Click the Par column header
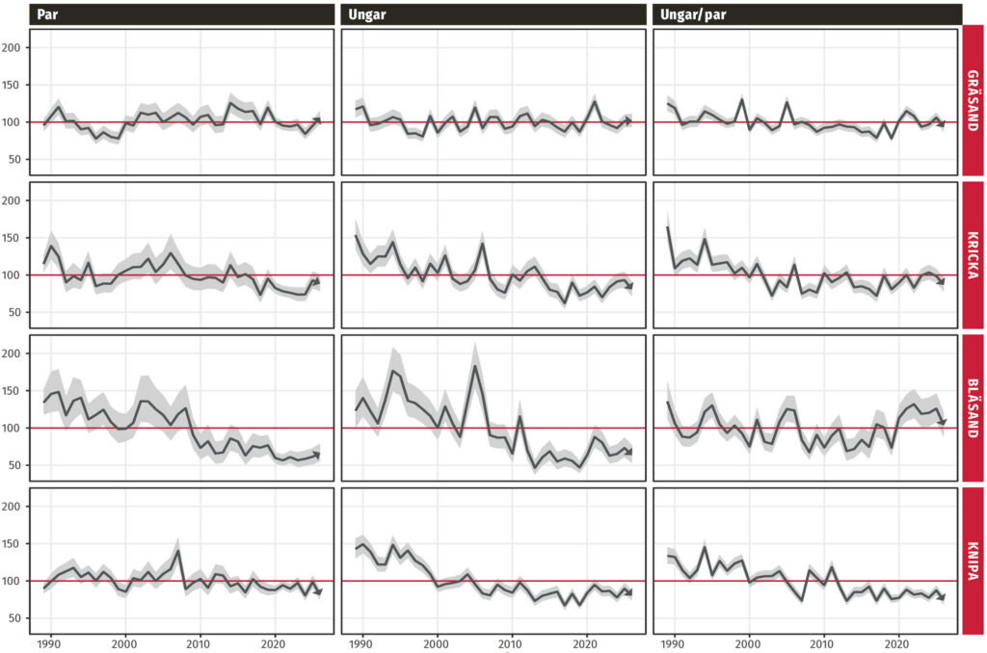(x=47, y=14)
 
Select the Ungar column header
(x=367, y=14)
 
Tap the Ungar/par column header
(x=693, y=14)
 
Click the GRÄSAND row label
(x=974, y=101)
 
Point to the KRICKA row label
(x=974, y=255)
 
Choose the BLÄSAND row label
(x=974, y=408)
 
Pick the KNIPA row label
(x=974, y=562)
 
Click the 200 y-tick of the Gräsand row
(x=11, y=48)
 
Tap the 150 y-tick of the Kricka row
(x=11, y=238)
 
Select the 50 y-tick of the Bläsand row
(x=13, y=465)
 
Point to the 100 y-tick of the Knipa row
(x=11, y=581)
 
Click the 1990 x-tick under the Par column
(x=49, y=644)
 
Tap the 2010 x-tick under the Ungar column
(x=511, y=644)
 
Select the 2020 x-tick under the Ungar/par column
(x=897, y=644)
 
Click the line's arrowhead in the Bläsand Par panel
(x=316, y=455)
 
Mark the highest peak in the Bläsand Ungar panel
(x=475, y=365)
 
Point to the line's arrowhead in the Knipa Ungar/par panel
(x=942, y=597)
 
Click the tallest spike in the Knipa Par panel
(x=177, y=551)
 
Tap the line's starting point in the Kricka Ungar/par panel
(x=667, y=227)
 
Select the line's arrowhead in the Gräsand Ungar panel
(x=628, y=120)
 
